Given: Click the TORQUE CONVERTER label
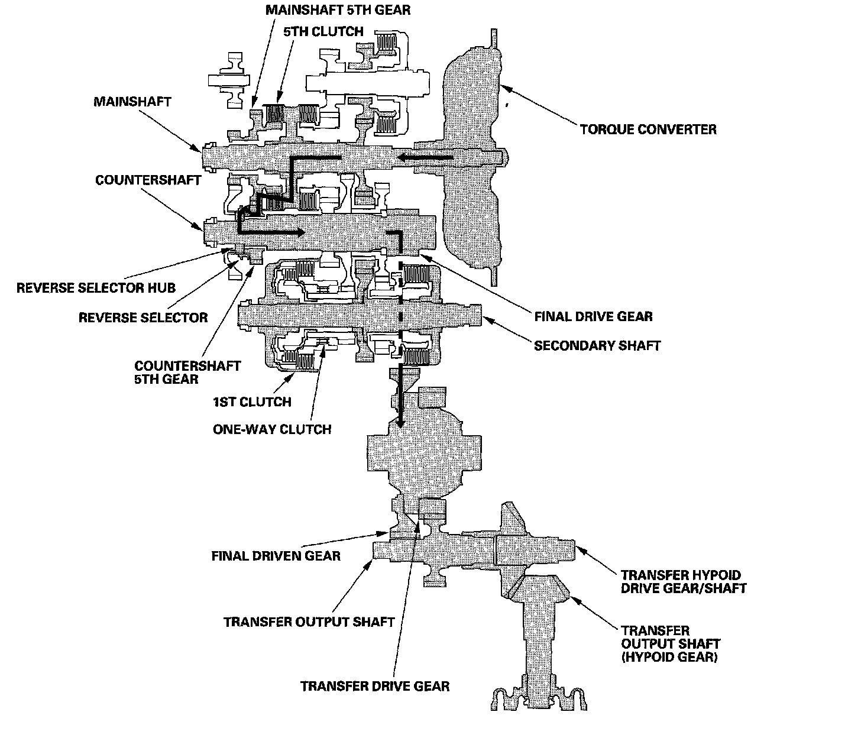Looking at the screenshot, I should tap(648, 129).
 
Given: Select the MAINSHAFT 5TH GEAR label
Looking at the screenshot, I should tap(338, 10).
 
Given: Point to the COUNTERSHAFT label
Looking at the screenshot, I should tap(148, 180).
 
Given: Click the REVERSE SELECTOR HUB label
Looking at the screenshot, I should tap(96, 288).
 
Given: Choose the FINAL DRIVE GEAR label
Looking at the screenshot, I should tap(593, 316).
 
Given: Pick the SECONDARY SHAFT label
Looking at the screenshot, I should tap(597, 345).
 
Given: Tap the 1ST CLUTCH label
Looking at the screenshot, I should tap(252, 402).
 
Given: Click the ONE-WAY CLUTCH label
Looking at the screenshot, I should tap(272, 429).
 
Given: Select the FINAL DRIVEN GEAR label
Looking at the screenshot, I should tap(276, 556).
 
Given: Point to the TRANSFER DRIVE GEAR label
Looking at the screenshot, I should tap(375, 686).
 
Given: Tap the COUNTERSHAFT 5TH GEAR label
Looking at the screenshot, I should tap(187, 372).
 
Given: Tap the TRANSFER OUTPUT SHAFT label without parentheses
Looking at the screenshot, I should tap(309, 622).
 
